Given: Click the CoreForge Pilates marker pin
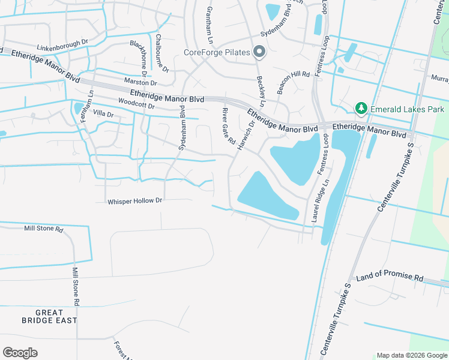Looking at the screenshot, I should pyautogui.click(x=259, y=52).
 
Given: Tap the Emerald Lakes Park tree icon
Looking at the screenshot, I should pyautogui.click(x=361, y=109).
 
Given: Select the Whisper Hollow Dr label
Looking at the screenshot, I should pyautogui.click(x=135, y=201).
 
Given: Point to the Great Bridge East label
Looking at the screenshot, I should pyautogui.click(x=56, y=316).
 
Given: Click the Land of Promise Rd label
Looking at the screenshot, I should pyautogui.click(x=390, y=278).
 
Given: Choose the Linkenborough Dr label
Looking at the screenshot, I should pyautogui.click(x=62, y=47).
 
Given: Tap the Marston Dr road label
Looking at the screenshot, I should pyautogui.click(x=140, y=82).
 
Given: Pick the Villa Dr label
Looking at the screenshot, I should pyautogui.click(x=103, y=113).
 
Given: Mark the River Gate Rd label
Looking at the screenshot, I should pyautogui.click(x=228, y=127).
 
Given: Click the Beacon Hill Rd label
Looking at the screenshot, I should pyautogui.click(x=292, y=82).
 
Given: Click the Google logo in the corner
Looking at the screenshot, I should pyautogui.click(x=20, y=353).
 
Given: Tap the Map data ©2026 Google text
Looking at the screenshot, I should pyautogui.click(x=411, y=355).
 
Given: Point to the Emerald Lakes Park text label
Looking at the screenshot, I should pyautogui.click(x=407, y=109).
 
